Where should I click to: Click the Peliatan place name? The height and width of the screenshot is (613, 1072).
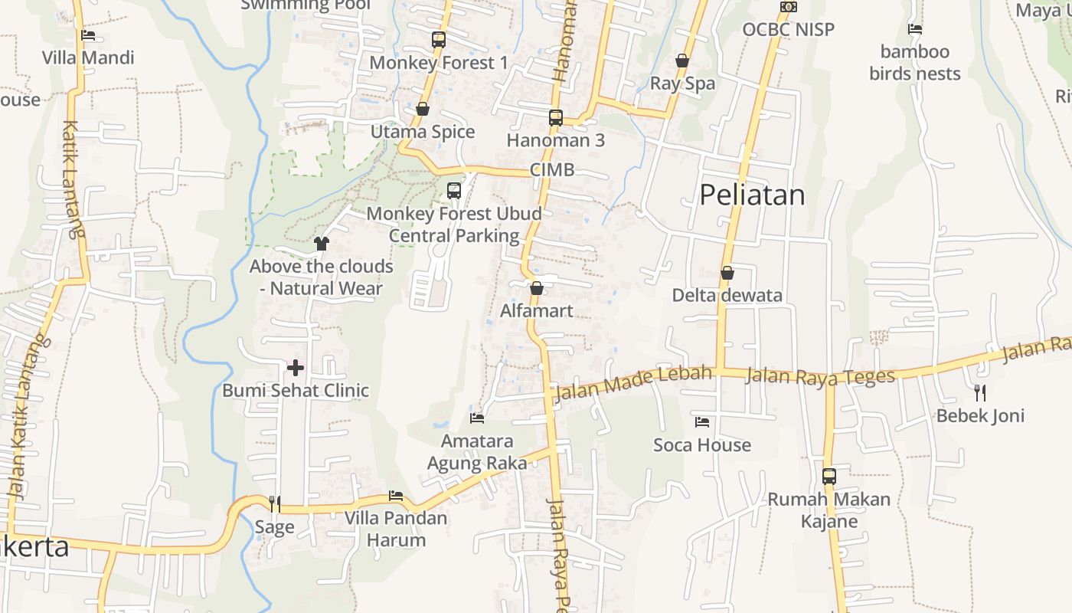[752, 195]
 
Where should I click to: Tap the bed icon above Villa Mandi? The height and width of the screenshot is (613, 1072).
[88, 35]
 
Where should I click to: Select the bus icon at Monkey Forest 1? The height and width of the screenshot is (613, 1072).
[439, 40]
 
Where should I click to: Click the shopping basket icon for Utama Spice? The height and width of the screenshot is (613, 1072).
[423, 109]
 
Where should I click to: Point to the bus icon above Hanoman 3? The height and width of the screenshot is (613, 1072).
[556, 118]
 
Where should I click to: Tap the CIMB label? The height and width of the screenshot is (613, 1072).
[552, 170]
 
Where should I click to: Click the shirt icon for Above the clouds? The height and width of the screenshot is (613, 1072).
[322, 244]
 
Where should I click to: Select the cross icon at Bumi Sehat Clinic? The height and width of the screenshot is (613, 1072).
[296, 368]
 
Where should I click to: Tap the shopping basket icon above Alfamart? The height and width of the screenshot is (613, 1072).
[537, 288]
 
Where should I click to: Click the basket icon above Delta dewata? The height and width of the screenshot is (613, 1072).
[727, 273]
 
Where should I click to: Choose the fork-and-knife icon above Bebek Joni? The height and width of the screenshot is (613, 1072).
[980, 393]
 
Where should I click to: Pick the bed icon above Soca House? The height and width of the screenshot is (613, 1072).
[702, 422]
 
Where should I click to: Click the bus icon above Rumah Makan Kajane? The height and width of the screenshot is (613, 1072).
[829, 477]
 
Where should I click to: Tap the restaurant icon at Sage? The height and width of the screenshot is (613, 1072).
[275, 503]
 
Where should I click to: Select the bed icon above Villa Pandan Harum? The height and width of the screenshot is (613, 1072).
[396, 496]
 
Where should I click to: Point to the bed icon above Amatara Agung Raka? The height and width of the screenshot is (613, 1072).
[477, 418]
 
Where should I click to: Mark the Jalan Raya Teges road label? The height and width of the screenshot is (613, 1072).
[820, 376]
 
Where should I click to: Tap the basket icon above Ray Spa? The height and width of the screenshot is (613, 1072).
[682, 61]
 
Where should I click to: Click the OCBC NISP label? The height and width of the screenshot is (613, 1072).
[788, 29]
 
